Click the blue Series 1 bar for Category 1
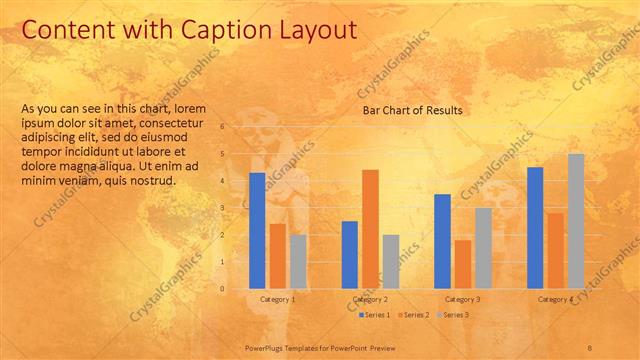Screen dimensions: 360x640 tap(257, 231)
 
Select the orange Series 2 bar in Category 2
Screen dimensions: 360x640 tap(370, 229)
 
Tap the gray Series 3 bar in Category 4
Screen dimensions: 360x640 tap(576, 221)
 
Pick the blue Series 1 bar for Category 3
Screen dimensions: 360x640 tap(442, 241)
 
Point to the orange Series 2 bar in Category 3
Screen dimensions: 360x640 tap(462, 264)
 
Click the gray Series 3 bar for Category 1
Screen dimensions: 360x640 tap(298, 261)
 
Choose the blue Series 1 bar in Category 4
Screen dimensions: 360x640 tap(535, 228)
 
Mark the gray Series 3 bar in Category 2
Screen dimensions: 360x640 tap(390, 261)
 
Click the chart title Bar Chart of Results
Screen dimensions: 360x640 tap(412, 110)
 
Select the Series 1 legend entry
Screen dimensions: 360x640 tap(374, 315)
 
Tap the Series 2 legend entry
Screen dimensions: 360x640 tap(415, 315)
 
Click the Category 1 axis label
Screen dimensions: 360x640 tap(277, 299)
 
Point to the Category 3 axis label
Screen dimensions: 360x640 tap(462, 299)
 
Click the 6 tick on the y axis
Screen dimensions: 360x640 tap(237, 127)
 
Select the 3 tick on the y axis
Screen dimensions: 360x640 tap(237, 208)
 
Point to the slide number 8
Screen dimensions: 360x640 tap(590, 346)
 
